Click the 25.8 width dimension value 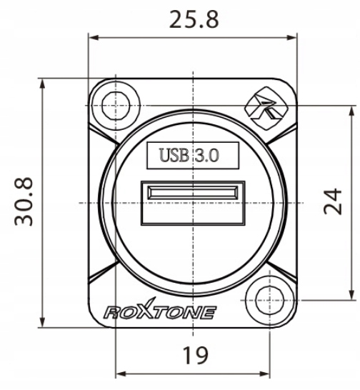click(x=194, y=19)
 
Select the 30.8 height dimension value click(x=24, y=201)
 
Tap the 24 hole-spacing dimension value click(x=333, y=201)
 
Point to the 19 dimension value click(x=195, y=355)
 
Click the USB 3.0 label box click(x=193, y=156)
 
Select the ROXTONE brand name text click(x=160, y=309)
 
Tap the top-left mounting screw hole click(x=116, y=106)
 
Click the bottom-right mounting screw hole click(x=270, y=300)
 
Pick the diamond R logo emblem click(x=267, y=108)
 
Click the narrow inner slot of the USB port click(x=193, y=193)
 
